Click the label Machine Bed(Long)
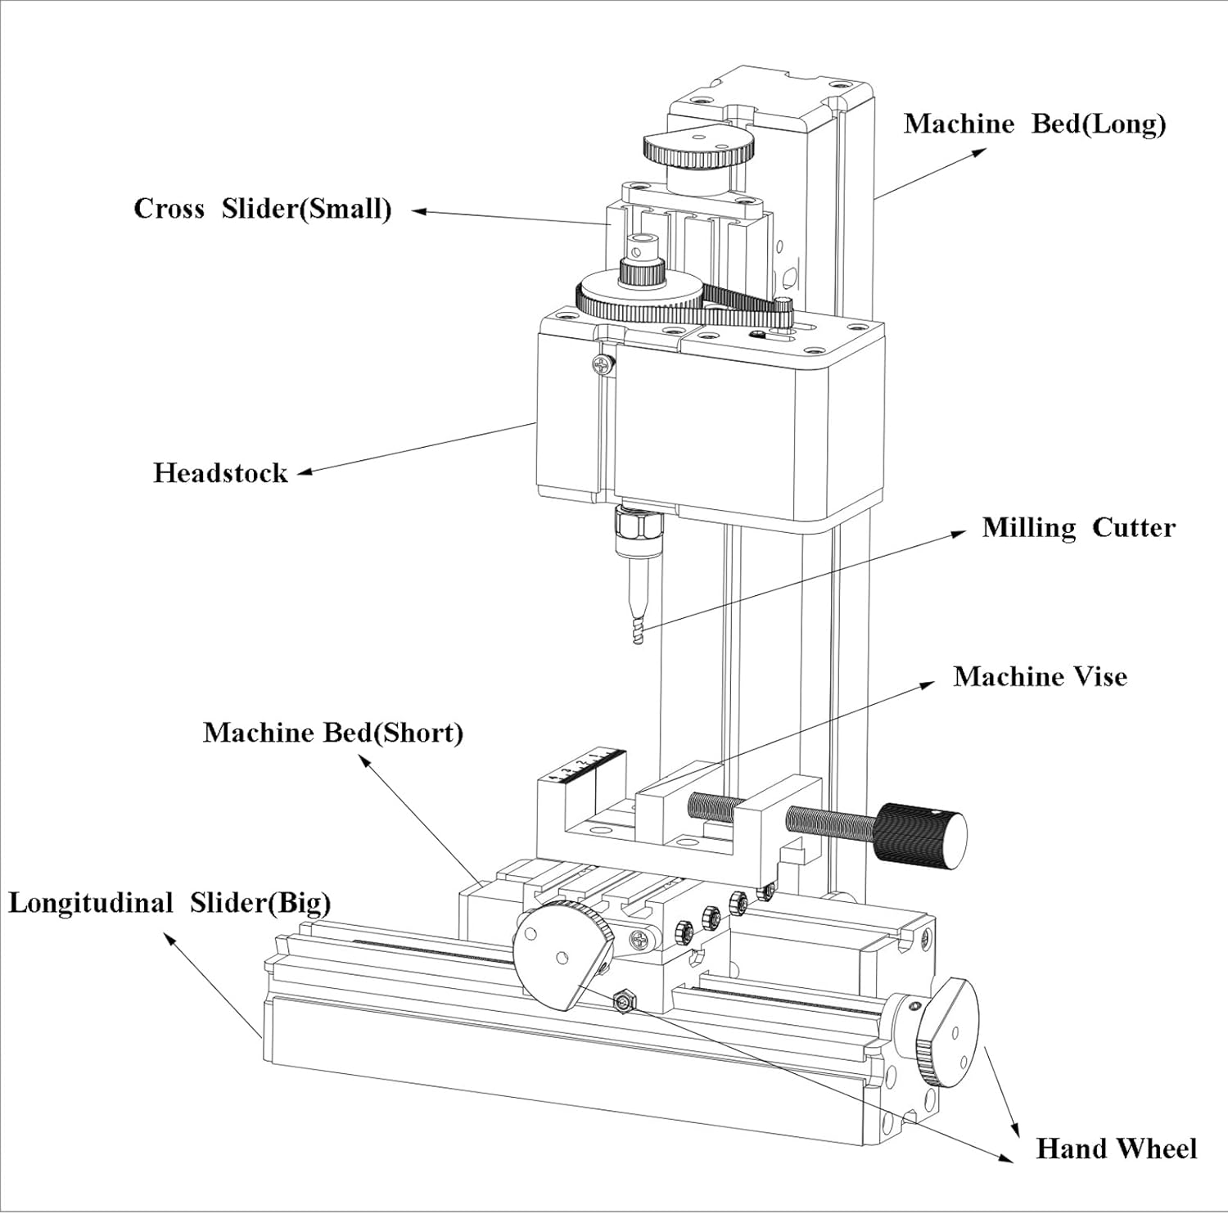tap(1035, 124)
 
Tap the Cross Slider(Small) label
tap(263, 209)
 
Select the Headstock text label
tap(220, 473)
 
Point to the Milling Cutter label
tap(1078, 528)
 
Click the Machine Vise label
tap(1040, 677)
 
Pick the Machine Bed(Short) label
tap(332, 733)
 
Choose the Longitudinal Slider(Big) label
tap(169, 904)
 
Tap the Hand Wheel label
tap(1116, 1149)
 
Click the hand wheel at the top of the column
tap(698, 148)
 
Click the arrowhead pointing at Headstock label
tap(304, 472)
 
